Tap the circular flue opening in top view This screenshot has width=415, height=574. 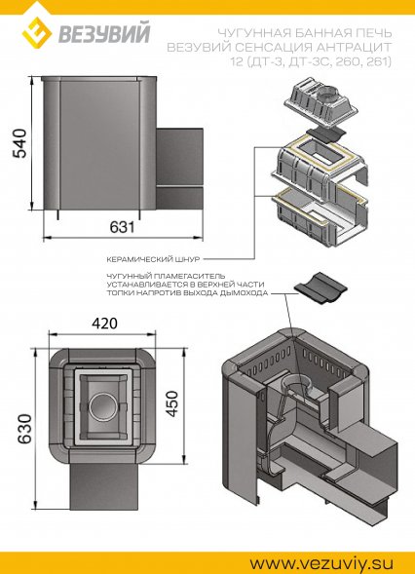point(101,402)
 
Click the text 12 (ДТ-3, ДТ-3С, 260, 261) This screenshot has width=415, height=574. point(312,62)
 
